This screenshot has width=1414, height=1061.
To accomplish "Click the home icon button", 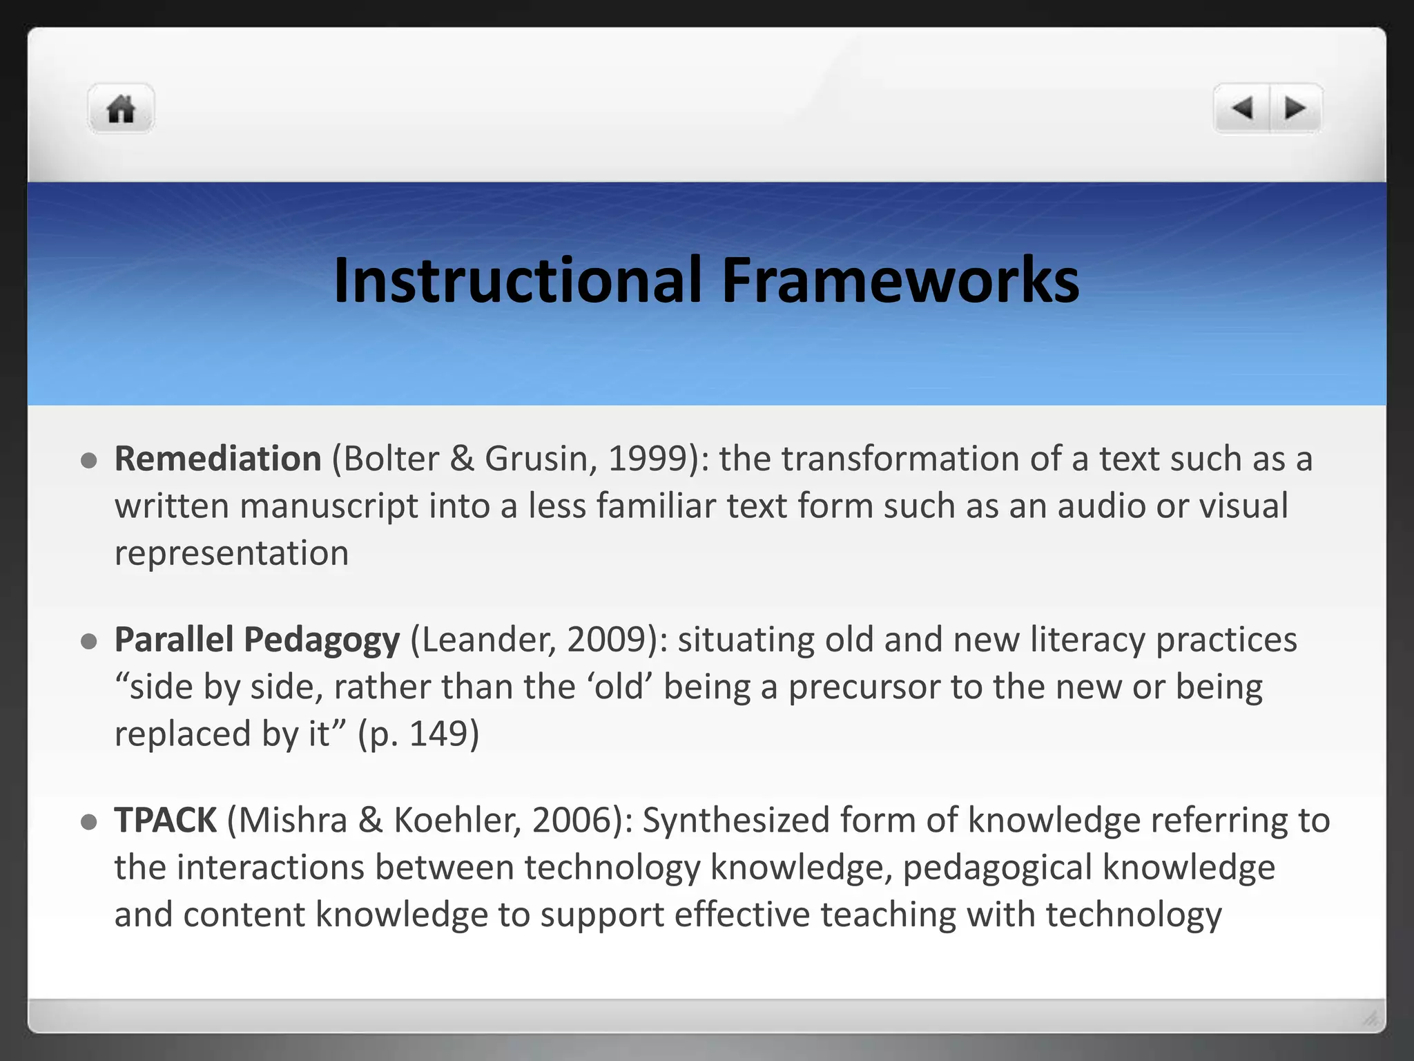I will (x=121, y=109).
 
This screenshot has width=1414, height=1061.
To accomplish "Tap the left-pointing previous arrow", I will (x=1242, y=108).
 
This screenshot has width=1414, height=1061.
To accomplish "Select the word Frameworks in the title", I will (x=900, y=280).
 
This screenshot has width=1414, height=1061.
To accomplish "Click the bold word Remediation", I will (x=218, y=459).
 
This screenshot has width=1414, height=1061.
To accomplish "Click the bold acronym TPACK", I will (x=166, y=821).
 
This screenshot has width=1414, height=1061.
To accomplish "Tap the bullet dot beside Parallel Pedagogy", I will (x=88, y=642).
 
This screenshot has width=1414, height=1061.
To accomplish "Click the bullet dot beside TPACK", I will (x=88, y=822).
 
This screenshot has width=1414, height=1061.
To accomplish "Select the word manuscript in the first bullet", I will (x=329, y=506).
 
